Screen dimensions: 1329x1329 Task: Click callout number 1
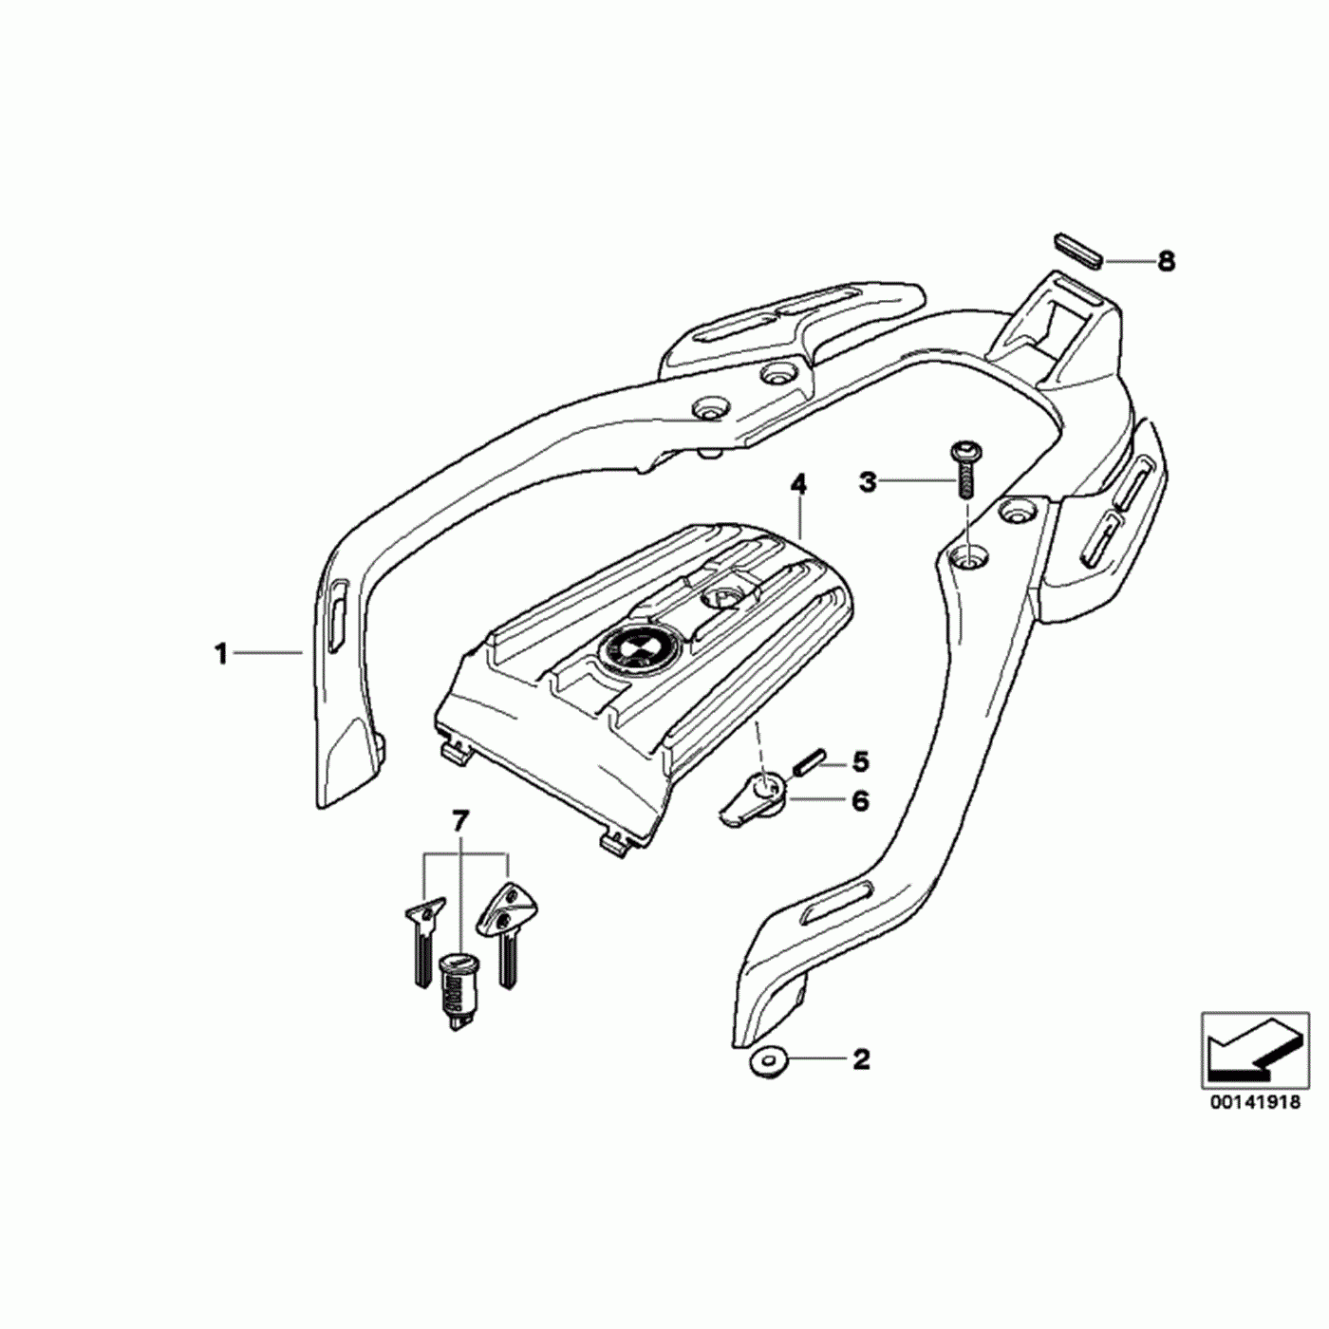pyautogui.click(x=221, y=653)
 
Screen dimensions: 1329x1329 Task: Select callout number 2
pyautogui.click(x=861, y=1058)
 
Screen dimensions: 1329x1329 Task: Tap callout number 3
pyautogui.click(x=868, y=481)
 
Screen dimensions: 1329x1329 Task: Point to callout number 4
pyautogui.click(x=798, y=485)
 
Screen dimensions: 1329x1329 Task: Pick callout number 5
pyautogui.click(x=860, y=760)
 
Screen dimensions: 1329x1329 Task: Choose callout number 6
pyautogui.click(x=860, y=801)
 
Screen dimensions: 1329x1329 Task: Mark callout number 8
pyautogui.click(x=1166, y=260)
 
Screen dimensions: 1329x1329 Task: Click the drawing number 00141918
pyautogui.click(x=1254, y=1104)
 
